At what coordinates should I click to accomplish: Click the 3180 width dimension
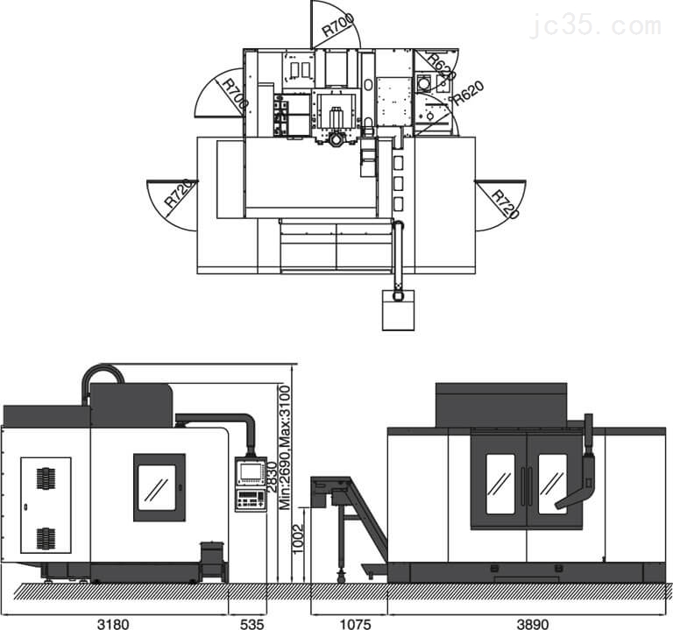(113, 624)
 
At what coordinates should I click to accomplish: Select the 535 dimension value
(252, 624)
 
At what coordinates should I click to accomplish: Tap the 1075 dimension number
(356, 624)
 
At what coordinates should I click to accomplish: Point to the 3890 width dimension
(533, 624)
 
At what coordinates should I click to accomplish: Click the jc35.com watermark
(596, 25)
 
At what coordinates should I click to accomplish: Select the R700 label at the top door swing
(338, 25)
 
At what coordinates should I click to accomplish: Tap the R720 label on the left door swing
(180, 193)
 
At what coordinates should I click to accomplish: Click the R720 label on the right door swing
(505, 203)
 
